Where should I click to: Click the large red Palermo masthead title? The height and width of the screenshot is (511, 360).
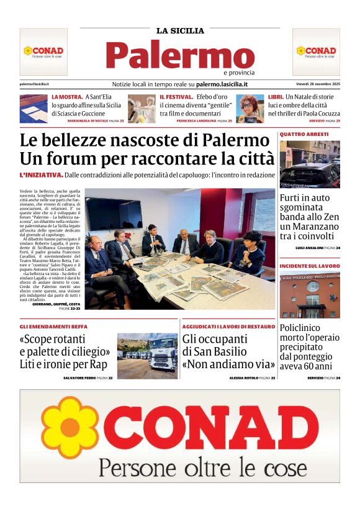[179, 55]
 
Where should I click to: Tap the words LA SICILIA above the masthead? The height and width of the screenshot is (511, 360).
[179, 30]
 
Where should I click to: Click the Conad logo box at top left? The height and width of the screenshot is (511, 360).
[43, 52]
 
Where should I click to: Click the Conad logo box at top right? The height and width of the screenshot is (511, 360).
[316, 52]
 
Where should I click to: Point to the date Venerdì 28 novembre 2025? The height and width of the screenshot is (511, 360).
[318, 84]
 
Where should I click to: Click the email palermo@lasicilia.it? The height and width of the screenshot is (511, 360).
[35, 84]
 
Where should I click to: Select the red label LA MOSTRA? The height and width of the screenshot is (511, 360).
[67, 97]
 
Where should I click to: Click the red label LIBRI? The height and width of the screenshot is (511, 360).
[276, 97]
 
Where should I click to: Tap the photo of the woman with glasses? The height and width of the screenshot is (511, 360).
[250, 109]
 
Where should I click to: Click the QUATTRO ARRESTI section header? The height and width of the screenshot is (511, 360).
[304, 134]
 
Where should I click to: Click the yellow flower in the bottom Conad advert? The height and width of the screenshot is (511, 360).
[70, 428]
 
